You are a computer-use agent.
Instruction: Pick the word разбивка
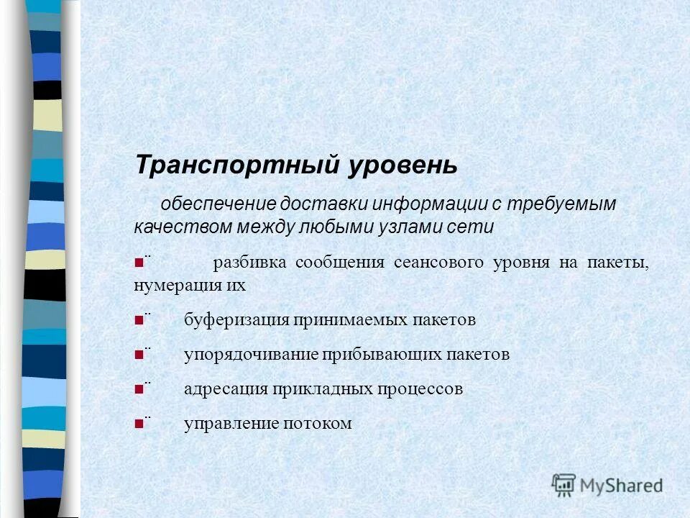tap(248, 263)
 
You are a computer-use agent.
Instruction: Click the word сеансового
tap(438, 263)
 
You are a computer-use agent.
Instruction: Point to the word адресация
tap(224, 389)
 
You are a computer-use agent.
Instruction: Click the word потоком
tap(312, 424)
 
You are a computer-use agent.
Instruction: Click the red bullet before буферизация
tap(138, 320)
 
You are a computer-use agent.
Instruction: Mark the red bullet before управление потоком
tap(138, 424)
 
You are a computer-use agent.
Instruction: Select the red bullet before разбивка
tap(138, 263)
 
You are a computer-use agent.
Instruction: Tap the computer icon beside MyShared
tap(563, 486)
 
